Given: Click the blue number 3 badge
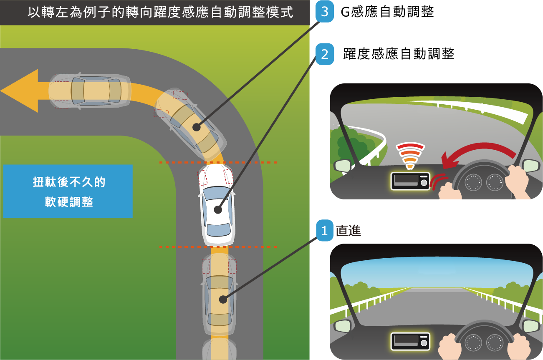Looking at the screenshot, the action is point(325,11).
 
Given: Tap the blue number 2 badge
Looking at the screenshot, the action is point(325,54).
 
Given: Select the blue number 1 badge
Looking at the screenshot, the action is point(325,230).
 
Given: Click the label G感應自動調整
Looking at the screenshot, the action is point(387,12).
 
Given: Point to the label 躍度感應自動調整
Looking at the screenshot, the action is point(399,53).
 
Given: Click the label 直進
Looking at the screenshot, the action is point(349,230).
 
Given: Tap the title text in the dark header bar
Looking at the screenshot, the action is point(160,12).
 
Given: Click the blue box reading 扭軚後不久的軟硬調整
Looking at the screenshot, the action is point(68,191).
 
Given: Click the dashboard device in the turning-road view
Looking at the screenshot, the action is point(410,181).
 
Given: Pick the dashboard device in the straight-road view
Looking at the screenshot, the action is point(410,341).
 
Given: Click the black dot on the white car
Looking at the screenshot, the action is point(218,209).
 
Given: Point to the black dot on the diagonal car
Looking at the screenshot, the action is point(196,127).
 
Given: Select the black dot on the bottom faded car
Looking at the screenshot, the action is point(223,300).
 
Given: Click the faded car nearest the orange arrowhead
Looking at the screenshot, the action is point(90,91).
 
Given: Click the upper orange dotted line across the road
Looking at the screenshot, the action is point(218,162).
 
